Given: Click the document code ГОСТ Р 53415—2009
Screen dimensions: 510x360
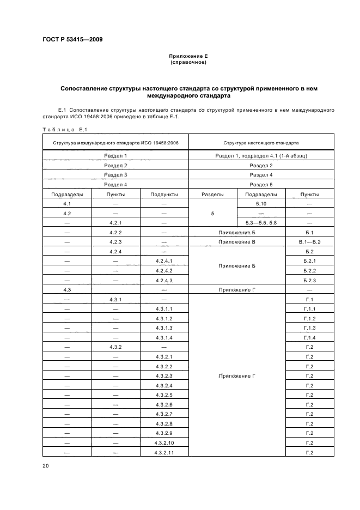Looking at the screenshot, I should (x=72, y=39).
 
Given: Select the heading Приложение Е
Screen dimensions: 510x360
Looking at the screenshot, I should (x=188, y=56).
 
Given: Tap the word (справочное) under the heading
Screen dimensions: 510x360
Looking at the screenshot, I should (x=188, y=62).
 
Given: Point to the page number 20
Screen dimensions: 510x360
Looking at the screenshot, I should (x=46, y=465).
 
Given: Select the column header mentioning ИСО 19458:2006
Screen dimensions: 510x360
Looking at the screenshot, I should (x=115, y=143).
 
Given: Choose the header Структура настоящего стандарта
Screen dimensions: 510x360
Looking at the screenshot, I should (x=261, y=143).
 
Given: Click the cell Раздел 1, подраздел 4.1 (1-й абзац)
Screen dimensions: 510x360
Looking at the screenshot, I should (x=261, y=156).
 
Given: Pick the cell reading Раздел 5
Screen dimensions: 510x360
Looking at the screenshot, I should (x=261, y=185).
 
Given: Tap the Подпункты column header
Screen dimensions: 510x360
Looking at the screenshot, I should (x=164, y=194).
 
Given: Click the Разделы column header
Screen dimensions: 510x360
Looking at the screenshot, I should (x=212, y=194).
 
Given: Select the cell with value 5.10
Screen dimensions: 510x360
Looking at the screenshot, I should (x=261, y=203).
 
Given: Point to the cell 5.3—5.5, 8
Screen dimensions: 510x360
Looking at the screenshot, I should (x=261, y=223).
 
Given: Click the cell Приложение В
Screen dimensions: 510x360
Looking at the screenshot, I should (x=236, y=241).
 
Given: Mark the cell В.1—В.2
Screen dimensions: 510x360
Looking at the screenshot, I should (x=309, y=241).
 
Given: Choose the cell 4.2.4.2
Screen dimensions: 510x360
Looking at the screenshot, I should (x=164, y=271).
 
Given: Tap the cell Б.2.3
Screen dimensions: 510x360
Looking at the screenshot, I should (x=309, y=280).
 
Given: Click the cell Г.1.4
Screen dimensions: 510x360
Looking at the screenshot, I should (x=309, y=338).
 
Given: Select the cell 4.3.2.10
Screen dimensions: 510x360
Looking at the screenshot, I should (x=164, y=443).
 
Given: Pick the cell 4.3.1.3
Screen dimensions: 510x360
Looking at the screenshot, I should (x=164, y=328).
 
